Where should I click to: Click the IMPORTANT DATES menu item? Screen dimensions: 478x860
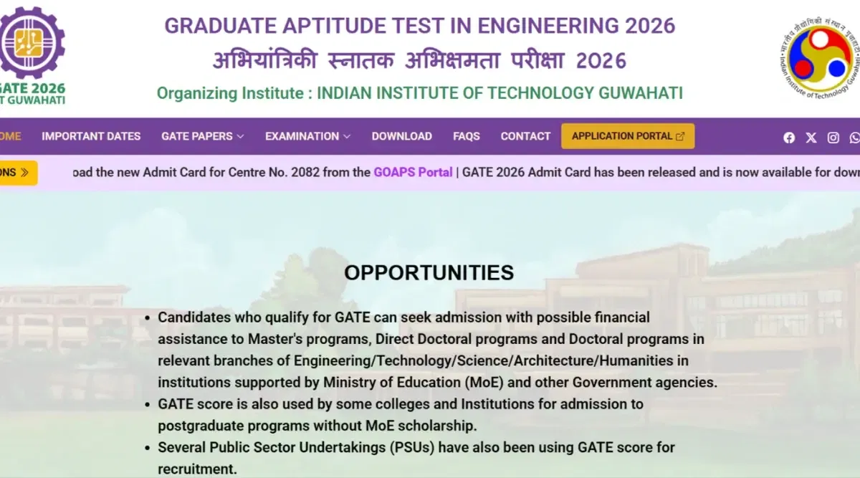click(91, 136)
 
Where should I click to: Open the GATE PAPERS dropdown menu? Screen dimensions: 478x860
click(202, 136)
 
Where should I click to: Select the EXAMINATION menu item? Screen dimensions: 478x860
click(307, 136)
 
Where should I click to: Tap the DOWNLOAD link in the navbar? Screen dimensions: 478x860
click(401, 136)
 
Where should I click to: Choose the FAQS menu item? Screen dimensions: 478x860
click(467, 136)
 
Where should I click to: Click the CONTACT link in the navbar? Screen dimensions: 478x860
click(525, 136)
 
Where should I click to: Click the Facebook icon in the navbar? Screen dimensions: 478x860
click(789, 138)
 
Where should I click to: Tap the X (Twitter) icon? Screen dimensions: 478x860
click(811, 138)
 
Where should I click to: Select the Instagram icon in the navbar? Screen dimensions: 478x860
click(833, 138)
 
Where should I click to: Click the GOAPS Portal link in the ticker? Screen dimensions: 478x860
click(413, 172)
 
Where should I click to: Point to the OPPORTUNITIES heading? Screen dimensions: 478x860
click(429, 272)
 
